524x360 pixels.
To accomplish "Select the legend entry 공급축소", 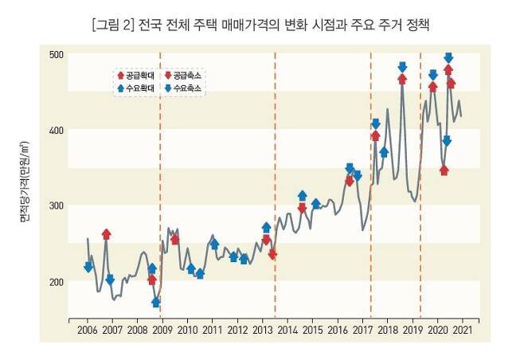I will point(184,74).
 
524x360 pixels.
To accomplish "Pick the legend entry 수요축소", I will point(184,88).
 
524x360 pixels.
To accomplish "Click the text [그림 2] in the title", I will point(115,25).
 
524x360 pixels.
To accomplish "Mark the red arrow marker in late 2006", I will point(106,234).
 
